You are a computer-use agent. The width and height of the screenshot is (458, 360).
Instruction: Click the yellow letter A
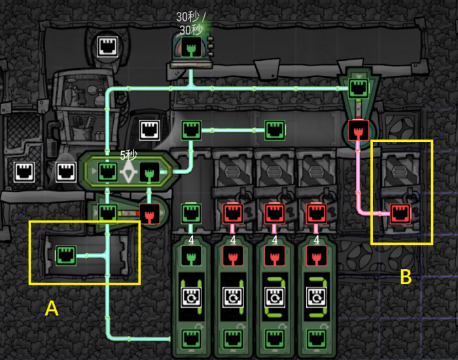coord(52,308)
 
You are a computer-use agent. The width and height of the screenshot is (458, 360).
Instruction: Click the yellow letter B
coord(406,276)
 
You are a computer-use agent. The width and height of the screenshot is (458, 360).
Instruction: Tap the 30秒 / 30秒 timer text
coord(191,24)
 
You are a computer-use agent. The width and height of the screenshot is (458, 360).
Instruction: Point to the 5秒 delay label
coord(128,155)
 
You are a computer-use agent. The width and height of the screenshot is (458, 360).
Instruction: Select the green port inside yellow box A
coord(66,256)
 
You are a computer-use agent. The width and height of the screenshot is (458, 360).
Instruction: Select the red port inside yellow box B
coord(400,213)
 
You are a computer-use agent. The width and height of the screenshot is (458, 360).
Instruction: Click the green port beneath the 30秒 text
coord(191,47)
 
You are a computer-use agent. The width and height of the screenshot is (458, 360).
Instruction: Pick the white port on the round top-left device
coord(107,46)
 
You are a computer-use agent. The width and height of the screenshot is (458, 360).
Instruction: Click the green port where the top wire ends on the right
coord(359,88)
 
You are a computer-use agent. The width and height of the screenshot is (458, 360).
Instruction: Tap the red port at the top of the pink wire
coord(358,130)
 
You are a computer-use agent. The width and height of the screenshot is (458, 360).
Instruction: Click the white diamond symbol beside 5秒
coord(128,171)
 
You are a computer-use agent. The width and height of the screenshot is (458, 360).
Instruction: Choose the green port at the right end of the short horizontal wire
coord(275,130)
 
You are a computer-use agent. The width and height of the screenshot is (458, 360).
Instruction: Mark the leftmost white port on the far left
coord(24,172)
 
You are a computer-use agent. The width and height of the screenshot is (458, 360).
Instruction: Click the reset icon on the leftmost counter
coord(191,297)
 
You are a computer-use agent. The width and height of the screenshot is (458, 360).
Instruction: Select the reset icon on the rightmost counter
coord(316,297)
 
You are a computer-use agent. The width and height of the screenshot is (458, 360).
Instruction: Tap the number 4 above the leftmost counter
coord(191,240)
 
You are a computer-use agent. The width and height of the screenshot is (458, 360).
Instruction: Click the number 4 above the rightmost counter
coord(316,240)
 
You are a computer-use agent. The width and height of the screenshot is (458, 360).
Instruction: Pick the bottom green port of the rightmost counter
coord(316,339)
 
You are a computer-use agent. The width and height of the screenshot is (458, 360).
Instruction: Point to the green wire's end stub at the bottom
coord(169,339)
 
